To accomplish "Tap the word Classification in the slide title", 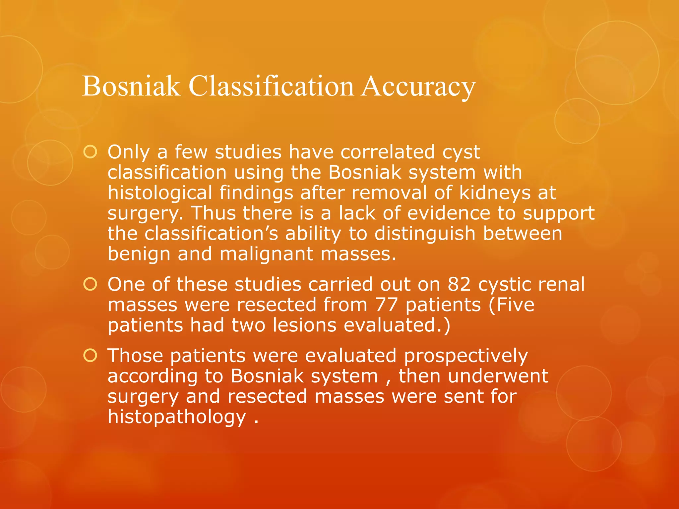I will tap(271, 86).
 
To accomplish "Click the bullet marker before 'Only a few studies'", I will tap(90, 152).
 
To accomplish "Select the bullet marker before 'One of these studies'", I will tap(90, 284).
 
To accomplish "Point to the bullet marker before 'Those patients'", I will tap(90, 356).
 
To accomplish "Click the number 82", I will tap(459, 284).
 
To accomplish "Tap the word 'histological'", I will tap(160, 193).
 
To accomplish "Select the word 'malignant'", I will tap(267, 254).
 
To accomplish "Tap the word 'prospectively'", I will tap(466, 356).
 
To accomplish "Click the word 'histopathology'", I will tap(177, 417).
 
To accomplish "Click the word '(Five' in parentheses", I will tap(512, 305).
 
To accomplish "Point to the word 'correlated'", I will tap(388, 152).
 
